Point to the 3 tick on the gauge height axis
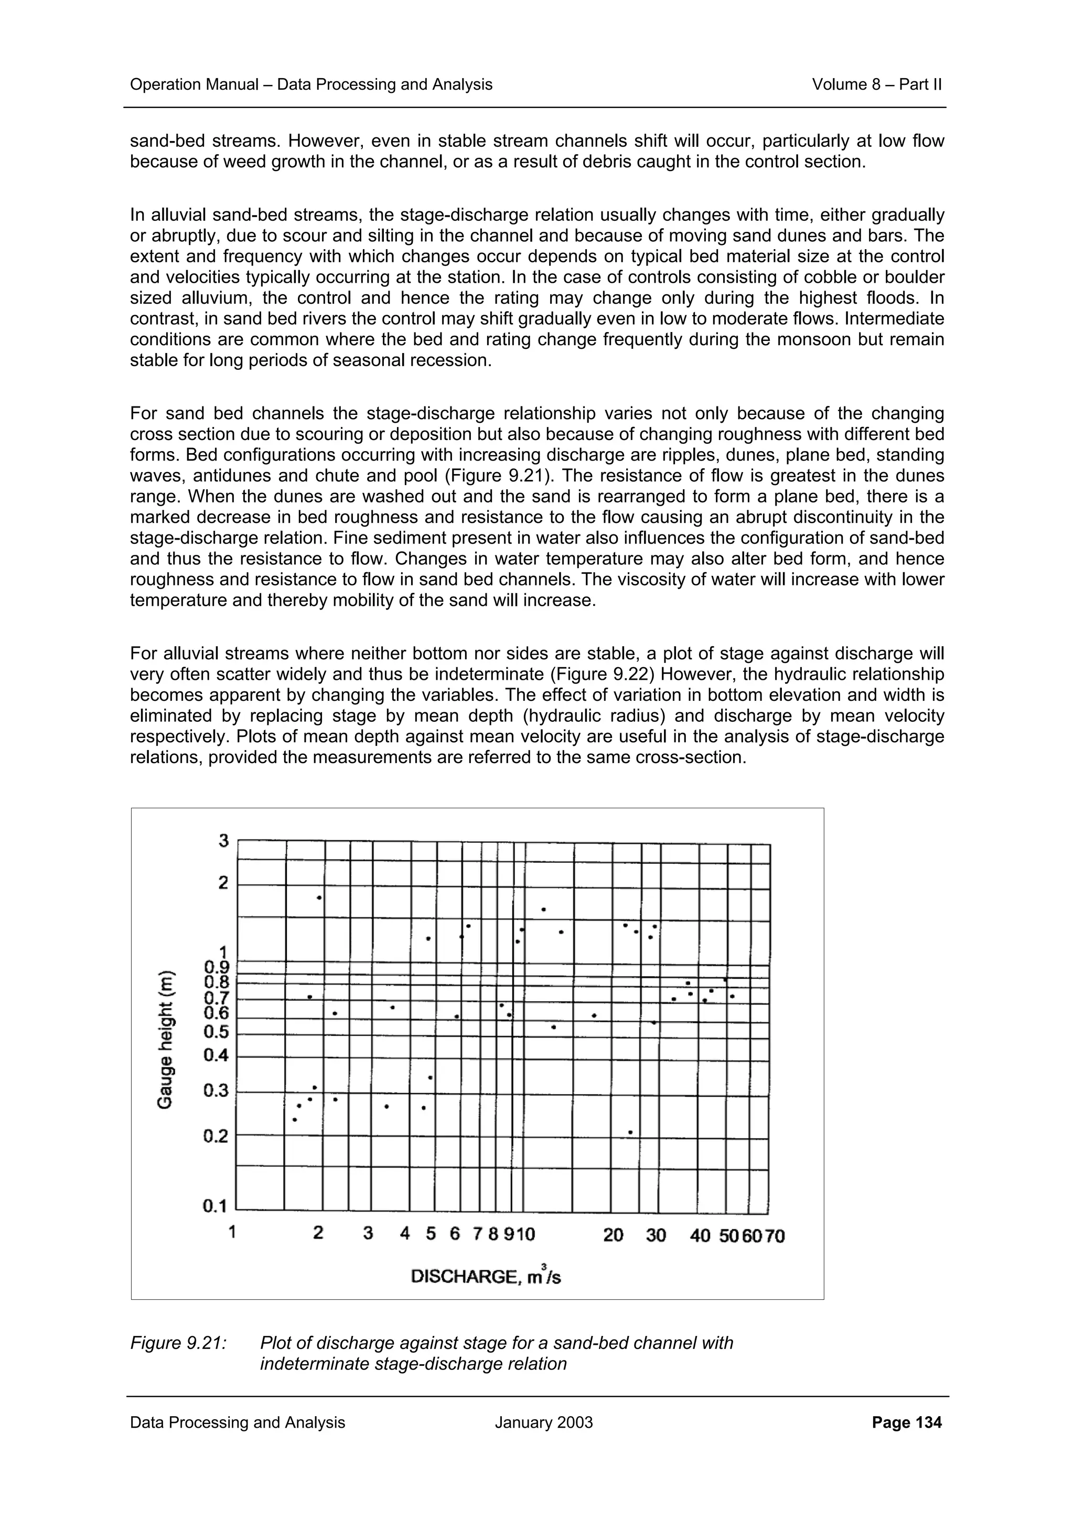click(224, 841)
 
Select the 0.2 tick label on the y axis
click(215, 1136)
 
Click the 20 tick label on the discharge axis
click(614, 1235)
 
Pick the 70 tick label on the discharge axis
click(774, 1236)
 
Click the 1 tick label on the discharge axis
click(232, 1232)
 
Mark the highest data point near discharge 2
click(319, 898)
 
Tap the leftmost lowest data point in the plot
click(295, 1120)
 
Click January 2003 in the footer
click(543, 1441)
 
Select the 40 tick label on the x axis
click(700, 1235)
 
